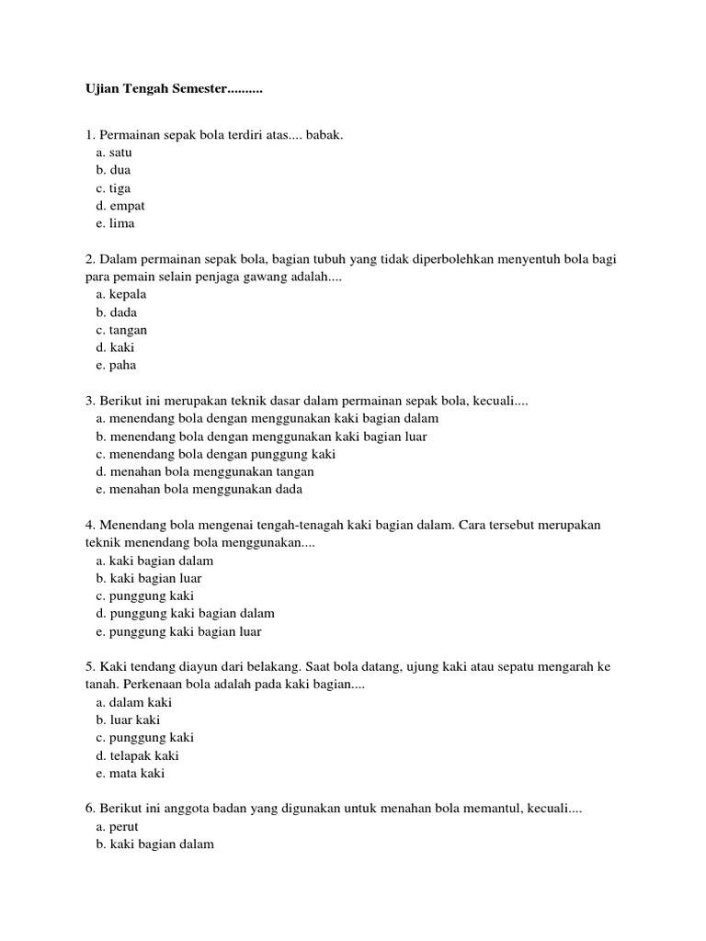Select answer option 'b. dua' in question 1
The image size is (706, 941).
tap(113, 171)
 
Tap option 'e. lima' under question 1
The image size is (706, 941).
tap(114, 223)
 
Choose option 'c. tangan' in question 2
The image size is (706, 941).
tap(121, 330)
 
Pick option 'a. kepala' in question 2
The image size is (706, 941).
tap(120, 295)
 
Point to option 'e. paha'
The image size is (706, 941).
tap(115, 366)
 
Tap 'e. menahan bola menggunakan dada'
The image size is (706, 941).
tap(199, 490)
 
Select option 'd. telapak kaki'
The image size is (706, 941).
tap(137, 755)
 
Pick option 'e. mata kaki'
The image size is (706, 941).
tap(130, 774)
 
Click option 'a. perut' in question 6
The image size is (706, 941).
tap(117, 827)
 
